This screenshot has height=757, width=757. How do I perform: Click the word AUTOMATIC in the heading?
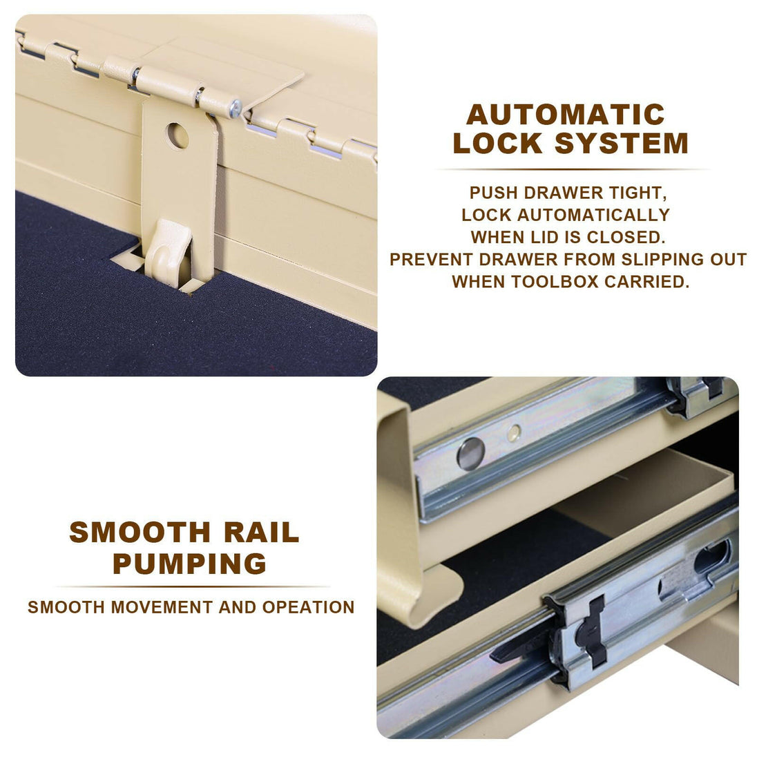(x=566, y=115)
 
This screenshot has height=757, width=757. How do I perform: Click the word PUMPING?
(x=190, y=564)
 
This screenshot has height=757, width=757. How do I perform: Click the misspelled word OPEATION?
(x=309, y=607)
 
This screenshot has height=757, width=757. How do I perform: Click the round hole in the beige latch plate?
(x=178, y=135)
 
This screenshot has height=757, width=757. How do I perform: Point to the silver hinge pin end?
(x=235, y=108)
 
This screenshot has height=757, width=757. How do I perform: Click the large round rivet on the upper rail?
(x=470, y=454)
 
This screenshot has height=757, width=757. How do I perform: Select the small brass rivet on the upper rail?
(x=514, y=433)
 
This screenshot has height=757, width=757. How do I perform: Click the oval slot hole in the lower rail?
(x=712, y=557)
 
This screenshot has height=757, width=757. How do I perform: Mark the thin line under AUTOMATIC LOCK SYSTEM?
(x=572, y=169)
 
